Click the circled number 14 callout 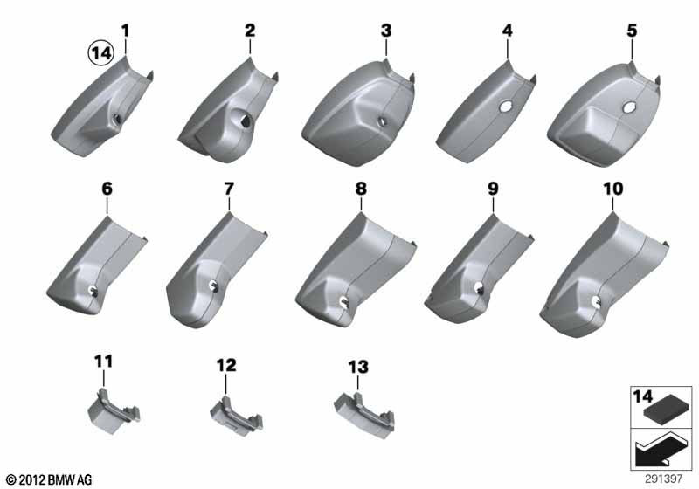coord(100,53)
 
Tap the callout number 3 coord(386,31)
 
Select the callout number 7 coord(229,189)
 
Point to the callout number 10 coord(613,189)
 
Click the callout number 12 coord(226,366)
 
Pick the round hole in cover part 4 coord(506,107)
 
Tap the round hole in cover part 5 coord(629,107)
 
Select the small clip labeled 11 coord(114,410)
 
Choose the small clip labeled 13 coord(363,415)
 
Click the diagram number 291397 coord(663,479)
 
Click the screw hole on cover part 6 coord(93,290)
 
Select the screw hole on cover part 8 coord(344,301)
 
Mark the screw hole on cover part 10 coord(596,302)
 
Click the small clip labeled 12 coord(236,416)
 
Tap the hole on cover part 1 coord(118,119)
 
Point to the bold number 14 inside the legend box coord(642,396)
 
